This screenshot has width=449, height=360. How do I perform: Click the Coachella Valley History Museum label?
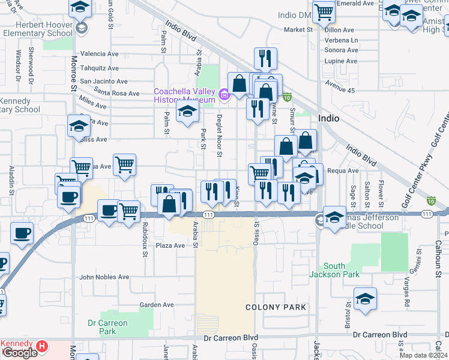[x=184, y=95]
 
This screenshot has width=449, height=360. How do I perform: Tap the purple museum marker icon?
[x=224, y=94]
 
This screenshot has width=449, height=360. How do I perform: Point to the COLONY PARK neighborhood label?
[x=276, y=307]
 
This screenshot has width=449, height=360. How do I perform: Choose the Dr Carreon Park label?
[x=107, y=327]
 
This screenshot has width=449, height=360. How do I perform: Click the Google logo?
[x=20, y=353]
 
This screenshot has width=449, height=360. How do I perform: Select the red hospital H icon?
[x=41, y=346]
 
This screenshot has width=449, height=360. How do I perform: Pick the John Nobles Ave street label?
[x=104, y=277]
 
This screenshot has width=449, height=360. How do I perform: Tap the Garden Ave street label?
[x=157, y=305]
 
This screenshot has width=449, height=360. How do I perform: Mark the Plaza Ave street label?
[x=170, y=245]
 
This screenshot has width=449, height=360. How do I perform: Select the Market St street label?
[x=299, y=29]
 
